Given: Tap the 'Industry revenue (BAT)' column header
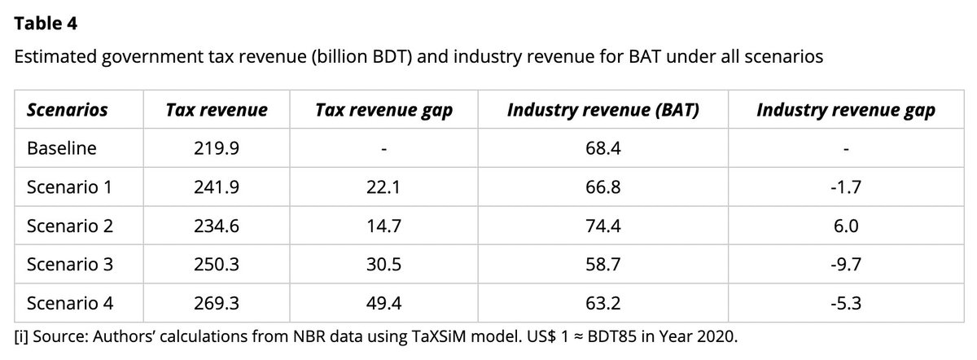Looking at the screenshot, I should coord(603,110).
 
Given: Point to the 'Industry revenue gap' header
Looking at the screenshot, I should coord(846,110).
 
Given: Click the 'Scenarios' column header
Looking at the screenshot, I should coord(67,110).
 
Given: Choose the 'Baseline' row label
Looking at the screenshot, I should coord(62,149).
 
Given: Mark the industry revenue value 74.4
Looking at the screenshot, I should coord(603,226).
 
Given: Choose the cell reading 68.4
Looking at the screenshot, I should coord(603,149).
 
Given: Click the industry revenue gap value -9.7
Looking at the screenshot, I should coord(846,265).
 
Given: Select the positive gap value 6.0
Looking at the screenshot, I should coord(847,226).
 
